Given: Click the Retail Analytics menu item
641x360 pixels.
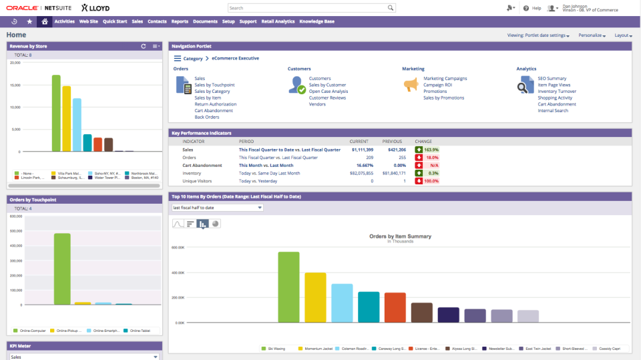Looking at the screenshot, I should (x=278, y=21).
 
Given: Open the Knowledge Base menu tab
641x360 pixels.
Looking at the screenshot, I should (x=316, y=21).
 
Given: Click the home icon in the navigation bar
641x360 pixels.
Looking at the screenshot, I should (x=44, y=21).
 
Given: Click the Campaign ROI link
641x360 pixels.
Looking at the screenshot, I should (x=437, y=85).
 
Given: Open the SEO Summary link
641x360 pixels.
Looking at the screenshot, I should (x=552, y=79).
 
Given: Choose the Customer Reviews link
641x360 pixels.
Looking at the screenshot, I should (x=327, y=98).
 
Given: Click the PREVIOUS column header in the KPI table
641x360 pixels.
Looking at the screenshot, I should (x=392, y=142).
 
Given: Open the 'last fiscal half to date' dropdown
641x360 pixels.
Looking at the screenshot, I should (x=217, y=208).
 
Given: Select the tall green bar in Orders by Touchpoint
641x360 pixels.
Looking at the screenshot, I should (x=62, y=268).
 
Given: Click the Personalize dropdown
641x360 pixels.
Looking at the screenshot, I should (x=592, y=35).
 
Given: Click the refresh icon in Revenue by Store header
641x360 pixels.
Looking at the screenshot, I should (x=144, y=46).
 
